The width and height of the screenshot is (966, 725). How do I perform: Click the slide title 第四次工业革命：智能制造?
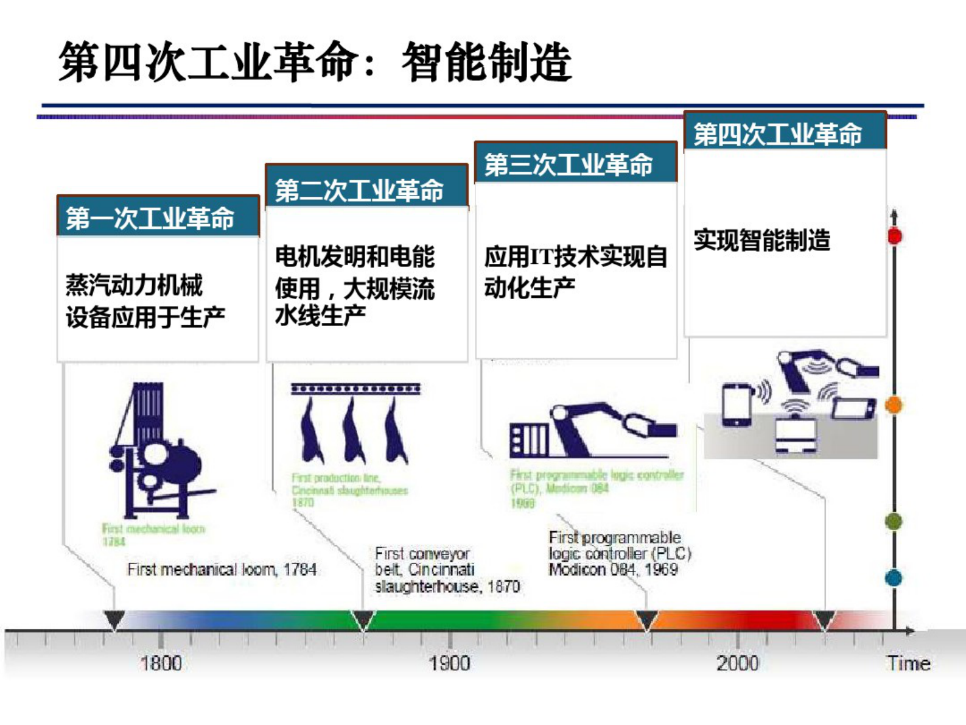(315, 62)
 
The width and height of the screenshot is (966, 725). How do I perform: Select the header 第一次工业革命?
(150, 218)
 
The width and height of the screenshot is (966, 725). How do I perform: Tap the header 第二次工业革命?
(359, 191)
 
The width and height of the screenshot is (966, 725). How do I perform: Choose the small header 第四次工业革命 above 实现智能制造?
(778, 134)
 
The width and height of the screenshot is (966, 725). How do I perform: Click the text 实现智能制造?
(761, 240)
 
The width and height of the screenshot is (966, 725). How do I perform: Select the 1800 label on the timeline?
(161, 663)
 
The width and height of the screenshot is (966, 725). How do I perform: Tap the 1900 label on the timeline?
(449, 663)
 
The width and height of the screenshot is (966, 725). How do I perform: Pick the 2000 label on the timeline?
(737, 663)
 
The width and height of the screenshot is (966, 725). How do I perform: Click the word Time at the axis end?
(908, 663)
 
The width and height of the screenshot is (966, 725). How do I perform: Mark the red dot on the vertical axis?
(894, 236)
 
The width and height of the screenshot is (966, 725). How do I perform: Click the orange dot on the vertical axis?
(894, 405)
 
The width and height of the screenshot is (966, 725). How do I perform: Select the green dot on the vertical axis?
(894, 522)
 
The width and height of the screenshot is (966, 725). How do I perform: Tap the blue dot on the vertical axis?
(894, 578)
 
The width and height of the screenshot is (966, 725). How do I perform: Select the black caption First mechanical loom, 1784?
(222, 570)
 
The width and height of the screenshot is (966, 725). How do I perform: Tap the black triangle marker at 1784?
(114, 620)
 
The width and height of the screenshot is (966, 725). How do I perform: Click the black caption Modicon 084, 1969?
(612, 570)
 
